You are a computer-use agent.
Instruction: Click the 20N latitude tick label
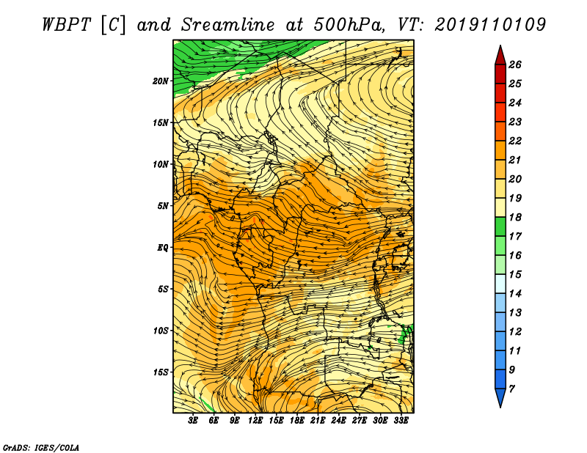(161, 81)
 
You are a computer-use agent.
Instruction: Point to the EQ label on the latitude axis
(163, 248)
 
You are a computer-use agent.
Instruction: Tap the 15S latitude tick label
(161, 372)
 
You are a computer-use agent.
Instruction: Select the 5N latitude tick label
(163, 206)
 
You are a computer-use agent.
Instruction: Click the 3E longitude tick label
(193, 421)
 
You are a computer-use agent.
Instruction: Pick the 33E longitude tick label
(401, 421)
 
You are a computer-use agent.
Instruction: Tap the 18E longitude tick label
(297, 421)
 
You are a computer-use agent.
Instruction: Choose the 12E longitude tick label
(255, 421)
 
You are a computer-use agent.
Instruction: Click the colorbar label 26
(515, 65)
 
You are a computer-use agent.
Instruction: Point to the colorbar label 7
(511, 389)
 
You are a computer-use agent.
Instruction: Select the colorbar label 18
(515, 217)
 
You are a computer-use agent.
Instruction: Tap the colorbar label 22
(515, 141)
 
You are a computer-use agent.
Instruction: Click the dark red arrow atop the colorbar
(500, 56)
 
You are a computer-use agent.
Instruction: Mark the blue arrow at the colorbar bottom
(500, 397)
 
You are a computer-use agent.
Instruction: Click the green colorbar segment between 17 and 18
(500, 226)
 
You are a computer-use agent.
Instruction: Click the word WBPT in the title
(66, 25)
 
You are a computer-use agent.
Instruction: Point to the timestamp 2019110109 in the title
(490, 25)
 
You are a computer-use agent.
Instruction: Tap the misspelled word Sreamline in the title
(228, 25)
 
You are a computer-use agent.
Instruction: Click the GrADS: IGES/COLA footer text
(41, 447)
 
